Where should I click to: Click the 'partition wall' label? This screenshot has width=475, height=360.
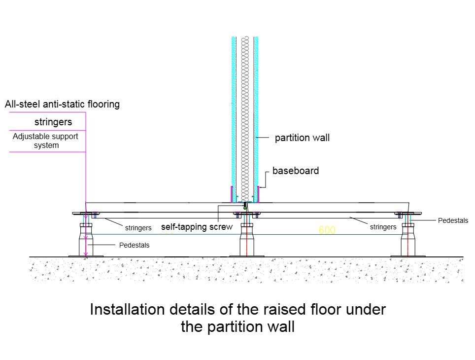point(302,138)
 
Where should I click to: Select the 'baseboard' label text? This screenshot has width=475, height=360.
point(296,171)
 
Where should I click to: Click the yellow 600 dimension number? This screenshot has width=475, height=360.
point(327,230)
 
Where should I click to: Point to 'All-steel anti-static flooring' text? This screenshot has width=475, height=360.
point(62,104)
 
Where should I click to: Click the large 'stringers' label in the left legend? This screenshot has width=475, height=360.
point(53,122)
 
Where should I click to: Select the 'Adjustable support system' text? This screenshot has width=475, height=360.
point(45,141)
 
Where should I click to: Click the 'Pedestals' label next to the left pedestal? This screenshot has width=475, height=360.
point(134,245)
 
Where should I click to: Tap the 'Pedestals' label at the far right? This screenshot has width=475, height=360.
point(453,220)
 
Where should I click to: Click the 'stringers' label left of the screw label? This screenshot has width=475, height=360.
point(138,228)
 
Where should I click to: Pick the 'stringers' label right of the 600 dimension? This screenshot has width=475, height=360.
point(383,227)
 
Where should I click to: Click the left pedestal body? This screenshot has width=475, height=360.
point(86,242)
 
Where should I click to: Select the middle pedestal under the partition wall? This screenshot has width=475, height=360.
point(247,242)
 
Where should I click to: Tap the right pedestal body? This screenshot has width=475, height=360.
point(407,242)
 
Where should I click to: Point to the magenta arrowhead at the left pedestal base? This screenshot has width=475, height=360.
point(86,254)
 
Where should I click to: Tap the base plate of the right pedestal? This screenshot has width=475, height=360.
point(407,255)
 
